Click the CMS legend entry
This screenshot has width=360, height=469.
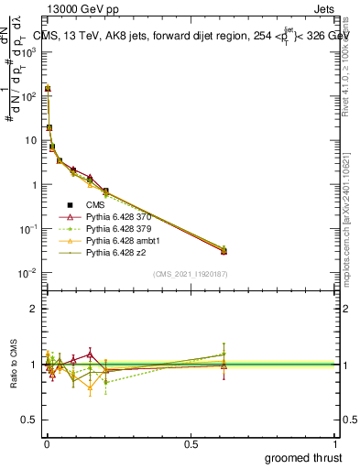tap(97, 204)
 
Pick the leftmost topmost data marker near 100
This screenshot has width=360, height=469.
tap(48, 89)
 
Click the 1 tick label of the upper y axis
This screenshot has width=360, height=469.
tap(35, 184)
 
